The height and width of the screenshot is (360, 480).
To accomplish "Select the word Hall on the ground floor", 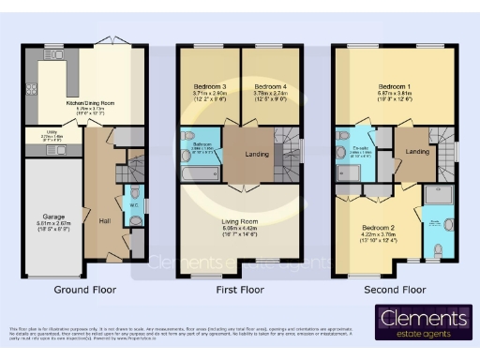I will point(104,221).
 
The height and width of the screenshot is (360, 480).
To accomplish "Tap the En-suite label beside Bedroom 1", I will point(361,148).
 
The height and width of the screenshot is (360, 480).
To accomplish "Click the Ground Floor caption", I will point(85,290).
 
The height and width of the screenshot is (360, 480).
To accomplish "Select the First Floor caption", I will point(239,290).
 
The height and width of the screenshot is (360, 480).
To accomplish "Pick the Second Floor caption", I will point(395,290).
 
